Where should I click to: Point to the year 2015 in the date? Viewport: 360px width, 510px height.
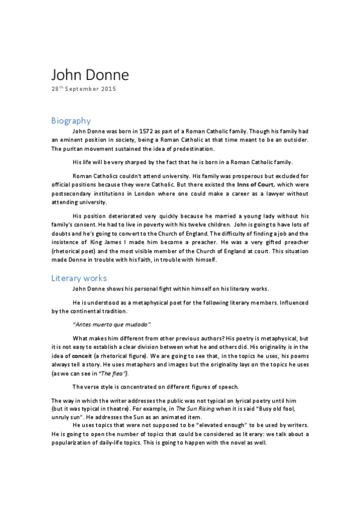108,89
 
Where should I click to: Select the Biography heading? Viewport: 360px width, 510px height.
71,120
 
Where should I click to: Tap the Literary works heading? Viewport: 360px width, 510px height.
79,278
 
